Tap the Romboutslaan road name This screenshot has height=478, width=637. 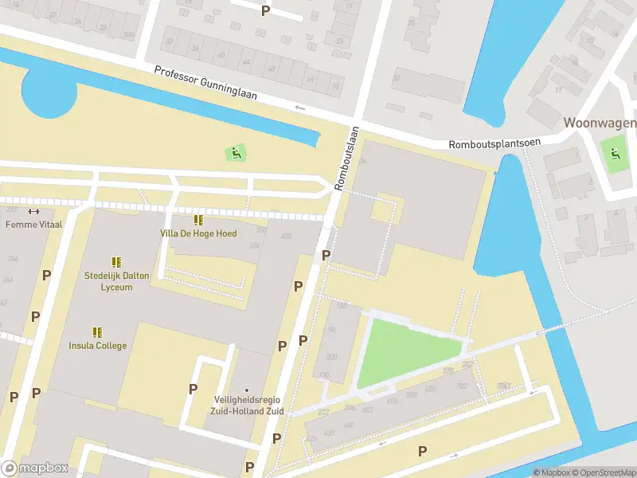(x=346, y=159)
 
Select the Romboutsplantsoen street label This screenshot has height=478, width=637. (x=494, y=143)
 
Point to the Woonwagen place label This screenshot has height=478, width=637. (x=600, y=123)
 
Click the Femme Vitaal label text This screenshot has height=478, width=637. (x=33, y=225)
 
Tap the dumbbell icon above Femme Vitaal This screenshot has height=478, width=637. (x=33, y=211)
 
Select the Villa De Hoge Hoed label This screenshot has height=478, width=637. (x=198, y=233)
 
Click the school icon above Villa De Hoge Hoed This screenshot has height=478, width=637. (x=198, y=220)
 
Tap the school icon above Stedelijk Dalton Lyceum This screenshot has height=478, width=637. (x=116, y=261)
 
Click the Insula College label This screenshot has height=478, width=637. (x=97, y=346)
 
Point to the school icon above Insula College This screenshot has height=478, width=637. (x=97, y=332)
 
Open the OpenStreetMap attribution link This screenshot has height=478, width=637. (x=603, y=472)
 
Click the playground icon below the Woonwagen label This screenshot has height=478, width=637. (x=614, y=152)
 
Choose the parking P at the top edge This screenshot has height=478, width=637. (x=265, y=10)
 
